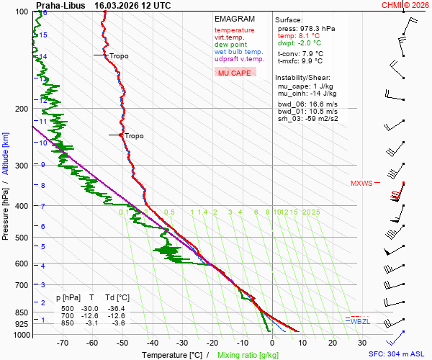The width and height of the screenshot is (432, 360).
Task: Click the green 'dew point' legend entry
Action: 230,45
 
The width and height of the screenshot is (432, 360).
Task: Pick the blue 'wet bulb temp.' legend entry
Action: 239,52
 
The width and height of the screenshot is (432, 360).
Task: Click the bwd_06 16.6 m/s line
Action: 307,104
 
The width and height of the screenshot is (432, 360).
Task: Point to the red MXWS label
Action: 361,184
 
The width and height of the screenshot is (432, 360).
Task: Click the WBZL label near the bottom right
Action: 360,321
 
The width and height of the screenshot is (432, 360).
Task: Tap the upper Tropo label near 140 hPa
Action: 119,55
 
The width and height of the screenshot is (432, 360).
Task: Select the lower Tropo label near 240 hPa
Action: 134,135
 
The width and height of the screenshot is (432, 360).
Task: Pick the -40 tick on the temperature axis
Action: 152,343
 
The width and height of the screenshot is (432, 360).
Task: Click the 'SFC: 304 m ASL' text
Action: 398,354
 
